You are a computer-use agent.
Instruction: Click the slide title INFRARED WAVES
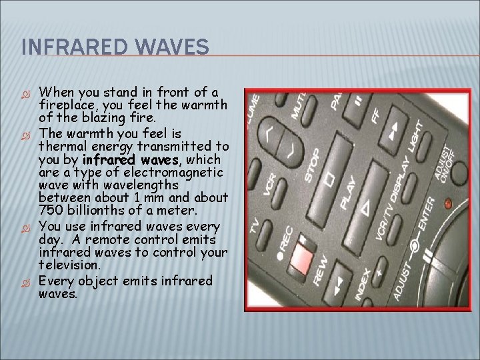(x=115, y=47)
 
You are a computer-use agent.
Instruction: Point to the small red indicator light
(x=448, y=202)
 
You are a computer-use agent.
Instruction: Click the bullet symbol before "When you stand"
(x=27, y=93)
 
